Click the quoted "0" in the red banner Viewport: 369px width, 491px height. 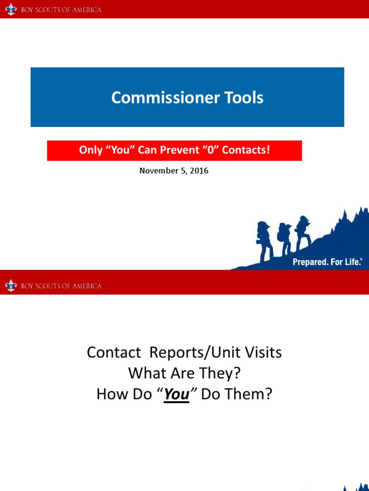[x=210, y=151]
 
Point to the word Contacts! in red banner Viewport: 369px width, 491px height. [x=246, y=151]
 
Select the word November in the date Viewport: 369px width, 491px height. [x=156, y=171]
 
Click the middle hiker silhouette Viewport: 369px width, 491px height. [x=284, y=238]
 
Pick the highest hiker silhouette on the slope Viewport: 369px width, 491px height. [x=303, y=232]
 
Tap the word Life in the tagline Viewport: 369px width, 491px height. [x=353, y=262]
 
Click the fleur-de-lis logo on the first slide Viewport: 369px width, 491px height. [x=11, y=10]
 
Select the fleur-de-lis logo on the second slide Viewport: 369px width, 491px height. [x=11, y=286]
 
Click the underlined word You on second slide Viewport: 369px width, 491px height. [x=176, y=394]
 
